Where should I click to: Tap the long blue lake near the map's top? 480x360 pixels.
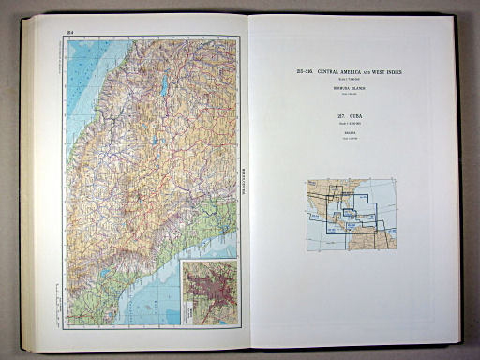(x=164, y=86)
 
